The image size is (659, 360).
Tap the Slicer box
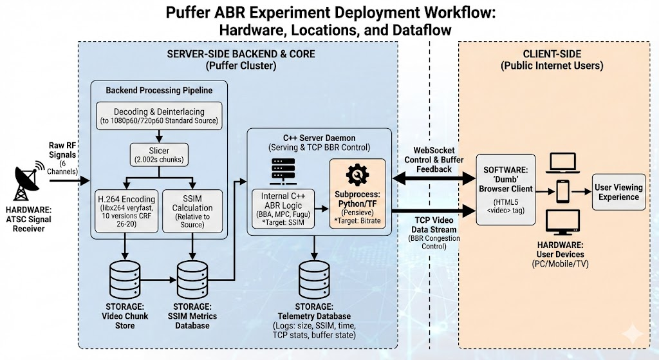click(159, 153)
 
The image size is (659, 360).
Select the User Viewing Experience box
click(618, 191)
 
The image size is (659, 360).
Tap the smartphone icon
click(563, 191)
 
